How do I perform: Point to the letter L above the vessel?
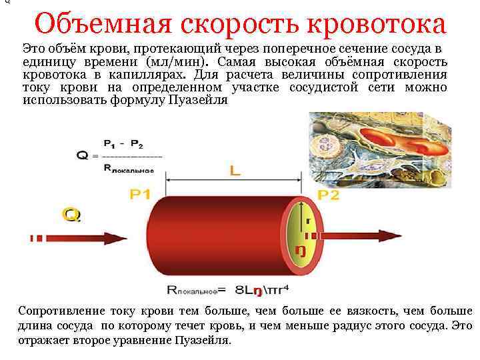pos(235,171)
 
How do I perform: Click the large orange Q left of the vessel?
pos(71,215)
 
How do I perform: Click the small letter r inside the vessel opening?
pos(308,219)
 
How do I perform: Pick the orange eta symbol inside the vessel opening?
pos(301,250)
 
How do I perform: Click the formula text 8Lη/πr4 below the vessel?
pos(262,291)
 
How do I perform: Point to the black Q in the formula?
pos(83,156)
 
